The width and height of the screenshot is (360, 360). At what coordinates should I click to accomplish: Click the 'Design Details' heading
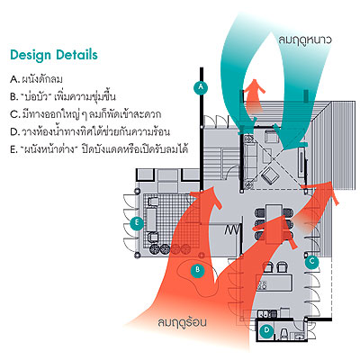point(54,55)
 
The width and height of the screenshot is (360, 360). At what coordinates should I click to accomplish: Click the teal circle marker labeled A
point(201,87)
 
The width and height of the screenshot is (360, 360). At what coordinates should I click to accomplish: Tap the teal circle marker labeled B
point(197,270)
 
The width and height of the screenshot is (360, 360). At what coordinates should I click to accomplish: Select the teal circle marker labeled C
point(312,262)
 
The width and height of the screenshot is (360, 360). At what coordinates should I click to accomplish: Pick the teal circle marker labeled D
point(266,330)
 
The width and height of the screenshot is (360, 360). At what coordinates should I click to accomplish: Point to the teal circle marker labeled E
point(137,223)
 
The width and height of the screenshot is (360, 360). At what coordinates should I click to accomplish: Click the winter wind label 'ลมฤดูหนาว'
point(305,40)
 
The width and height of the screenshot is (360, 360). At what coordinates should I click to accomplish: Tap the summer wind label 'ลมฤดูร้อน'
point(182,322)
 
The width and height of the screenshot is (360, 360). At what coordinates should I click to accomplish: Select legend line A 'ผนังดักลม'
point(36,79)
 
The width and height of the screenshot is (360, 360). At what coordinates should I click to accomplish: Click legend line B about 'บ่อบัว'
point(63,96)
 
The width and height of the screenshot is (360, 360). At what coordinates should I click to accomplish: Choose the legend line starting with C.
point(85,114)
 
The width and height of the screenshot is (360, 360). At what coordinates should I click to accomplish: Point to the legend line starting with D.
point(90,131)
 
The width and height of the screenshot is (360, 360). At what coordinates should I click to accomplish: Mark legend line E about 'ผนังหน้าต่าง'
point(99,149)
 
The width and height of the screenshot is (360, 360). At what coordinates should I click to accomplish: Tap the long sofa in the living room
point(249,162)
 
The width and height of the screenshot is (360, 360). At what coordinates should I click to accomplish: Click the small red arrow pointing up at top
point(255,95)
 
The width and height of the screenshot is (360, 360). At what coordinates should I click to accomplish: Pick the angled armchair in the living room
point(269,175)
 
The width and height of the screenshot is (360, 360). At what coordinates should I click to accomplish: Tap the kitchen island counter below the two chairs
point(274,283)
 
